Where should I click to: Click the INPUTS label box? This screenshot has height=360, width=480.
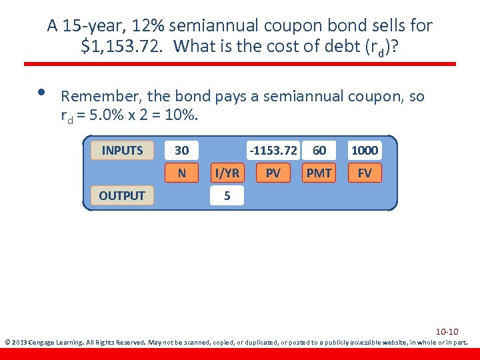122,150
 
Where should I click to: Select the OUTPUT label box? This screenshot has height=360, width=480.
122,195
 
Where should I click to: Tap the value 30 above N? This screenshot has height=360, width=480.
181,150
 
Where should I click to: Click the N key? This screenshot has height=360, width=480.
181,173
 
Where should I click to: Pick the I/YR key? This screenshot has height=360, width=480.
227,173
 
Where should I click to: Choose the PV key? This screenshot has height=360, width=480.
273,173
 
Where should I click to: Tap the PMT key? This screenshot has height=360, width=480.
319,173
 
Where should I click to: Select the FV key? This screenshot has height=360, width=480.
365,173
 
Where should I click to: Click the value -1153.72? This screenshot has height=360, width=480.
273,150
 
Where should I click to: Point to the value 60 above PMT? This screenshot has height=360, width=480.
319,150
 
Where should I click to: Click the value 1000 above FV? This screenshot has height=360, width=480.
365,150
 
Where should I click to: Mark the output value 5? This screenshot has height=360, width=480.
227,196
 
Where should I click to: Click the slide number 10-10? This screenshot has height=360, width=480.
447,331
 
